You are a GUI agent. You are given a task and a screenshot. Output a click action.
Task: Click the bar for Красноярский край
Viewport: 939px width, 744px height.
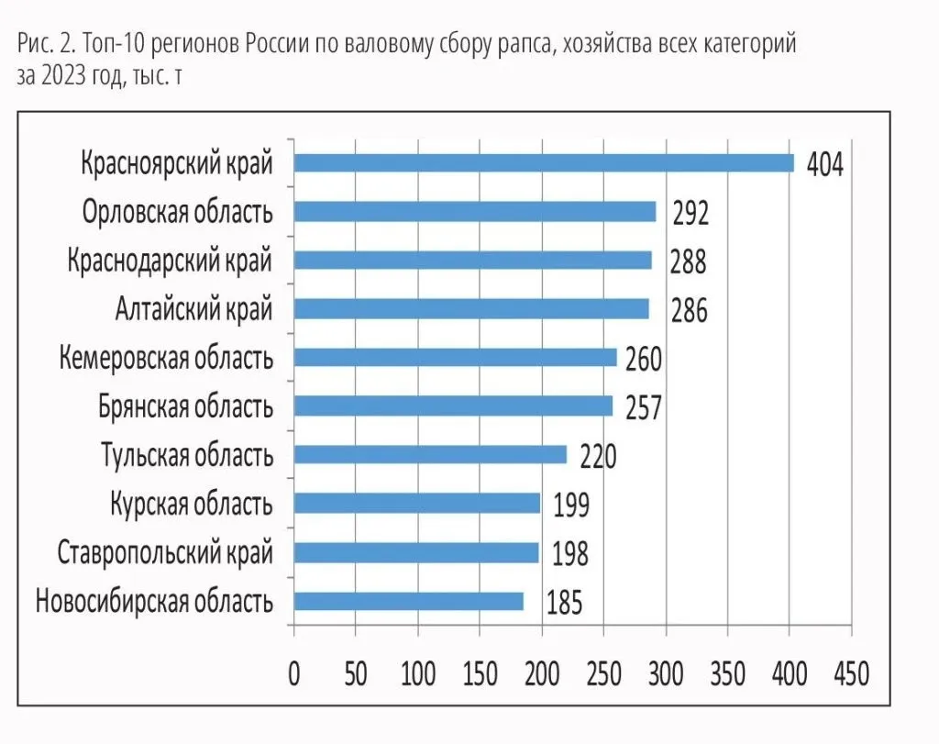pyautogui.click(x=544, y=163)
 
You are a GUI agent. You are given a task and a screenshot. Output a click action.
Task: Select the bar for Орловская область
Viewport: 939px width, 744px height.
pyautogui.click(x=475, y=212)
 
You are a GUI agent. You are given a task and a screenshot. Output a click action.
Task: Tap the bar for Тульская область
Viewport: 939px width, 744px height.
pyautogui.click(x=430, y=455)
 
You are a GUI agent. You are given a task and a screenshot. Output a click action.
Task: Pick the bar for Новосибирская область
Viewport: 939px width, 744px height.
pyautogui.click(x=409, y=601)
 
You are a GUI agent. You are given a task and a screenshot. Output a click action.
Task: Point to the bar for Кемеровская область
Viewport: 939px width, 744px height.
pyautogui.click(x=455, y=358)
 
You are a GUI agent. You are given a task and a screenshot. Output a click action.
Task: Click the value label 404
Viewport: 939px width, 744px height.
pyautogui.click(x=824, y=165)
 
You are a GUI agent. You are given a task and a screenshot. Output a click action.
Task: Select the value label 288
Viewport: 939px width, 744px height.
pyautogui.click(x=688, y=262)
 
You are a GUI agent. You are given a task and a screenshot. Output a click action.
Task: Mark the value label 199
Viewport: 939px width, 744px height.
pyautogui.click(x=570, y=505)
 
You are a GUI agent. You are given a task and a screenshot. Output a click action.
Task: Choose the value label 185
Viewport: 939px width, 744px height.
pyautogui.click(x=564, y=604)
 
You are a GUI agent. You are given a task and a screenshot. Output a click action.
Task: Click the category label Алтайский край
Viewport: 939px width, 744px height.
pyautogui.click(x=193, y=309)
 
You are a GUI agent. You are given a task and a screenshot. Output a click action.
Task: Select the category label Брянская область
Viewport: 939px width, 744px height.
pyautogui.click(x=185, y=406)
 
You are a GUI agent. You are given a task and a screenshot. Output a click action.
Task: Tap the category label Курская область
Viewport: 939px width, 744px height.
pyautogui.click(x=191, y=504)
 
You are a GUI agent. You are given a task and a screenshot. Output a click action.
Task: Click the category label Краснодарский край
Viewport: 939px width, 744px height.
pyautogui.click(x=170, y=261)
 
